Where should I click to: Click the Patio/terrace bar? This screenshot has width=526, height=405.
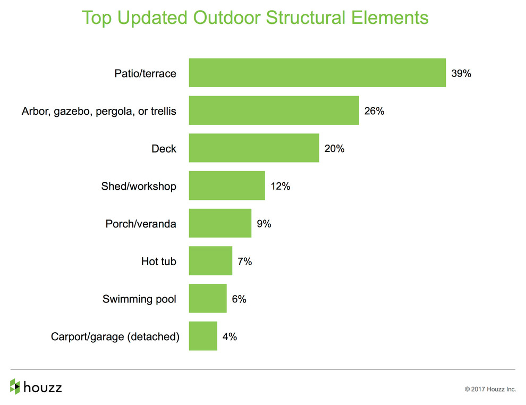point(317,73)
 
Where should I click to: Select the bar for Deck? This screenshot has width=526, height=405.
point(254,148)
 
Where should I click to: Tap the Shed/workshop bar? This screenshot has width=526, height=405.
point(227,185)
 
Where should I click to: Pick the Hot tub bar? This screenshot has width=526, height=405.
point(210,261)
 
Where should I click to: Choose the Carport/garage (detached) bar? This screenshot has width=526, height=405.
point(203,336)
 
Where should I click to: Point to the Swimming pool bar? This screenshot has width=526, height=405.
point(208,298)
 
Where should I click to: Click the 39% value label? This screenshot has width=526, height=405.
point(461,73)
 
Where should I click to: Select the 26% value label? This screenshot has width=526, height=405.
point(375,111)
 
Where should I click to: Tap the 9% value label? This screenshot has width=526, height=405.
point(264,224)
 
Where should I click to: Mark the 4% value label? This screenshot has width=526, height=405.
point(230,336)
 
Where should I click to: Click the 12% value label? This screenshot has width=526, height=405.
point(281,186)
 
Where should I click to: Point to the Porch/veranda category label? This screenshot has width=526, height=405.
point(141,224)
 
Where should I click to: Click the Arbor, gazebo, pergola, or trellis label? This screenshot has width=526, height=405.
point(99,112)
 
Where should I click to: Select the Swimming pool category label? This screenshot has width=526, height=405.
point(139,299)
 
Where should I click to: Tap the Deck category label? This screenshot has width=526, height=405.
point(164,149)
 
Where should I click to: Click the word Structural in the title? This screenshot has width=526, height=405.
point(306,18)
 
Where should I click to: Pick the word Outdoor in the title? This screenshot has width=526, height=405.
point(227,18)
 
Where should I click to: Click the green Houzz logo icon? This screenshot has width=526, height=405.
point(15,386)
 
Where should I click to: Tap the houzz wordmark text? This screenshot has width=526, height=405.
point(43,387)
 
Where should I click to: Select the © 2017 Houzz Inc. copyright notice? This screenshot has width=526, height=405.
point(490,389)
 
